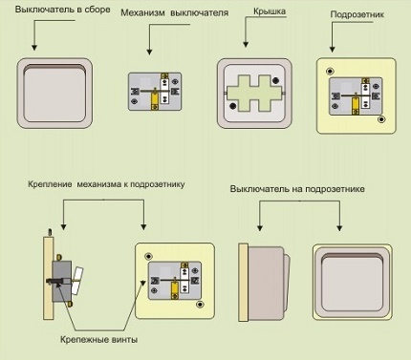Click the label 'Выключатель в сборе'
62,10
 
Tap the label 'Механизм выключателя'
175,13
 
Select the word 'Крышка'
270,11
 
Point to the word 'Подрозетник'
357,14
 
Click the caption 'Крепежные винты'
99,340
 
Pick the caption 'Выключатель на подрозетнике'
297,189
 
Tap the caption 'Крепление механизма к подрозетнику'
106,184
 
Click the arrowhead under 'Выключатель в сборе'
34,47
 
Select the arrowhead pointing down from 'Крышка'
246,45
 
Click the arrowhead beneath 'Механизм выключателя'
149,52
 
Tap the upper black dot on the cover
276,81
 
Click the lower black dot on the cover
233,106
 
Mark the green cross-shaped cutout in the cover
254,94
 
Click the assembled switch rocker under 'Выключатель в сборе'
54,95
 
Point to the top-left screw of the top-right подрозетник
330,71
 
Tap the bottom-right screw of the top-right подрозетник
381,119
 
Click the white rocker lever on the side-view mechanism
77,281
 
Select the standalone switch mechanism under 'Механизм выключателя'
155,92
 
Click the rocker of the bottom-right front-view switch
353,282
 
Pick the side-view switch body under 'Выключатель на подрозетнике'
266,283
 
